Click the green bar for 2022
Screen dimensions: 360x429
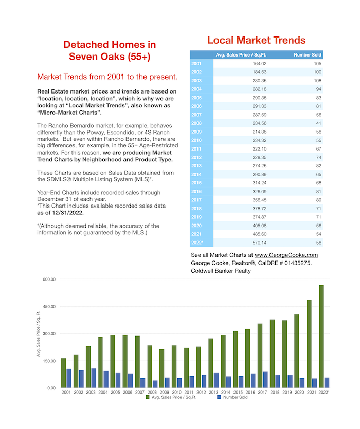tap(321, 336)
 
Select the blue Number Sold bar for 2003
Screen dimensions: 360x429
tap(94, 378)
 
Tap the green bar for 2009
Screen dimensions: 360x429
tap(162, 368)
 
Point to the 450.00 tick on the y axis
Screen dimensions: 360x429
tap(49, 306)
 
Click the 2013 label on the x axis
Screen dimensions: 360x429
tap(213, 392)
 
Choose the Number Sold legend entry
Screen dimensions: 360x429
tap(232, 397)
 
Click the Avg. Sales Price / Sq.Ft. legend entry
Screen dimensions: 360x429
tap(171, 397)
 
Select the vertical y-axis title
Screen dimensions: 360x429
tap(38, 333)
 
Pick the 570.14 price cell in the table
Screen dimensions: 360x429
tap(259, 243)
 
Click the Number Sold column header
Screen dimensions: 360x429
tap(308, 55)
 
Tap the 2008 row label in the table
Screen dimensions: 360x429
tap(196, 123)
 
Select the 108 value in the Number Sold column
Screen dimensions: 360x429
tap(317, 81)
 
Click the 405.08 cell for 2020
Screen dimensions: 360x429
tap(259, 226)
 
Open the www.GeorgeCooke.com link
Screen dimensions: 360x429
tap(286, 255)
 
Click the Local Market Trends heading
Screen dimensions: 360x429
tap(257, 40)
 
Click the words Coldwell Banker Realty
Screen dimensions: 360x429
tap(221, 271)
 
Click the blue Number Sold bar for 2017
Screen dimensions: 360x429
tap(265, 380)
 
